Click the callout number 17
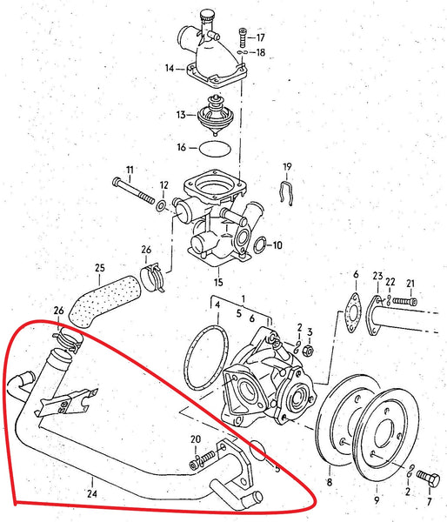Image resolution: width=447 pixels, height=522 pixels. (x=260, y=37)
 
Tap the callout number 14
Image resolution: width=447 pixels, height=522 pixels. (x=170, y=67)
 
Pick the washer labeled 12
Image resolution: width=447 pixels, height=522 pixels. (x=162, y=206)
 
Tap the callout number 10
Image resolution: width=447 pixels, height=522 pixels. (x=277, y=245)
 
